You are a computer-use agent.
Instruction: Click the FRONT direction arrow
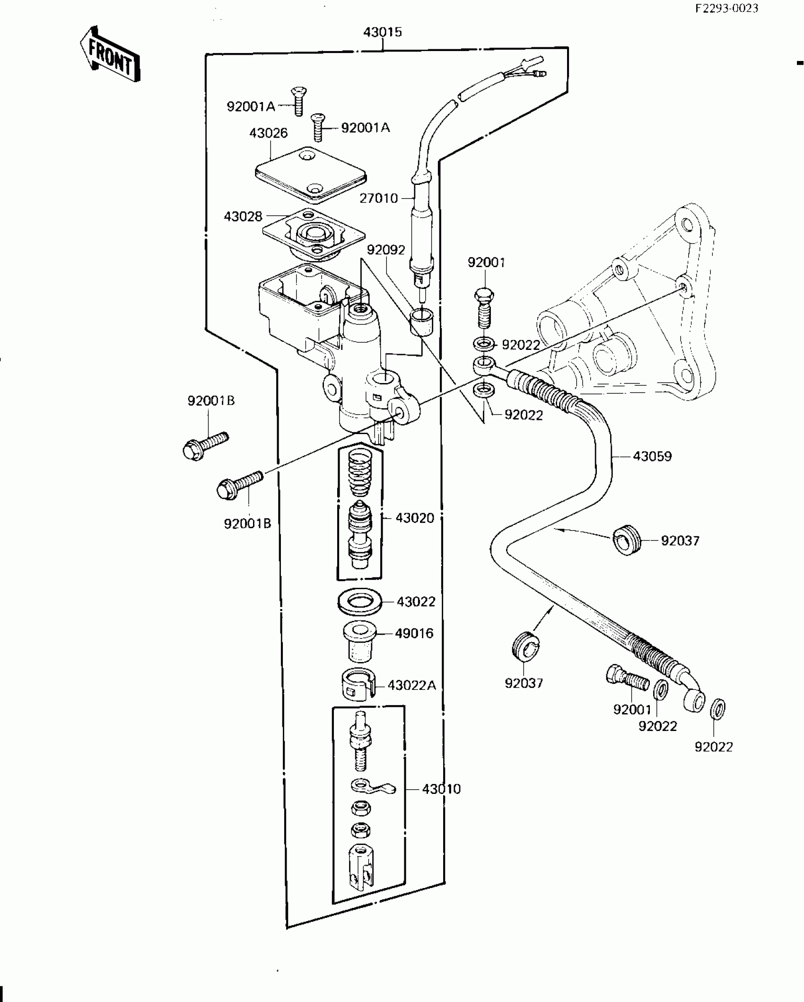tap(110, 54)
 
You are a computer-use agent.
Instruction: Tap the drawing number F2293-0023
tap(726, 9)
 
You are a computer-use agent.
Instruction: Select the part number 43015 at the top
tap(383, 32)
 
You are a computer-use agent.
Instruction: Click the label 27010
tap(379, 198)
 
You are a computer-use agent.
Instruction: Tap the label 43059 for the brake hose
tap(652, 456)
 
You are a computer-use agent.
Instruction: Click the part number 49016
tap(414, 633)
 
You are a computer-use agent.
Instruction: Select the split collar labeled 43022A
tap(358, 684)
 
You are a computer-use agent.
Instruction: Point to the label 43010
tap(441, 789)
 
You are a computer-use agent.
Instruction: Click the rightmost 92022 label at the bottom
tap(713, 747)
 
